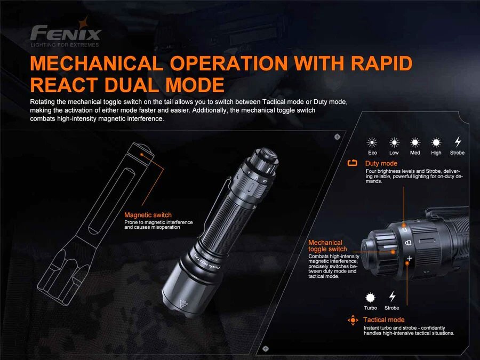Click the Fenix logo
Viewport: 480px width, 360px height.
[66, 32]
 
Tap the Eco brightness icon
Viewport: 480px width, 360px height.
[372, 142]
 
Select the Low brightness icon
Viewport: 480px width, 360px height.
[394, 142]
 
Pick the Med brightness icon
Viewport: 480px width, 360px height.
[415, 142]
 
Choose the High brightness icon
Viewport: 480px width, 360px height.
[436, 142]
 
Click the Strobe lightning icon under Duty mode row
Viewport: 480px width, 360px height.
[458, 142]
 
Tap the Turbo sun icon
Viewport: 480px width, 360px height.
[370, 298]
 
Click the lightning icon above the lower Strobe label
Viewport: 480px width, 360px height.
[392, 297]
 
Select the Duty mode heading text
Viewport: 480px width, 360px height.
[381, 163]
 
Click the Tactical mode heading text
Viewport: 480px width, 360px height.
[384, 319]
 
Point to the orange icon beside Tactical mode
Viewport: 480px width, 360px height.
[353, 320]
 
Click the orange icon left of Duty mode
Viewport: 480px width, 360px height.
[353, 163]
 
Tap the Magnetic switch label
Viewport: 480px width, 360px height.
[148, 215]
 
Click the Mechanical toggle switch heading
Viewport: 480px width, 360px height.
[327, 246]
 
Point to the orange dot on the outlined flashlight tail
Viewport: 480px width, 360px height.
[142, 154]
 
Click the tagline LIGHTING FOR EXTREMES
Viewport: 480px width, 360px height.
[65, 45]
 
